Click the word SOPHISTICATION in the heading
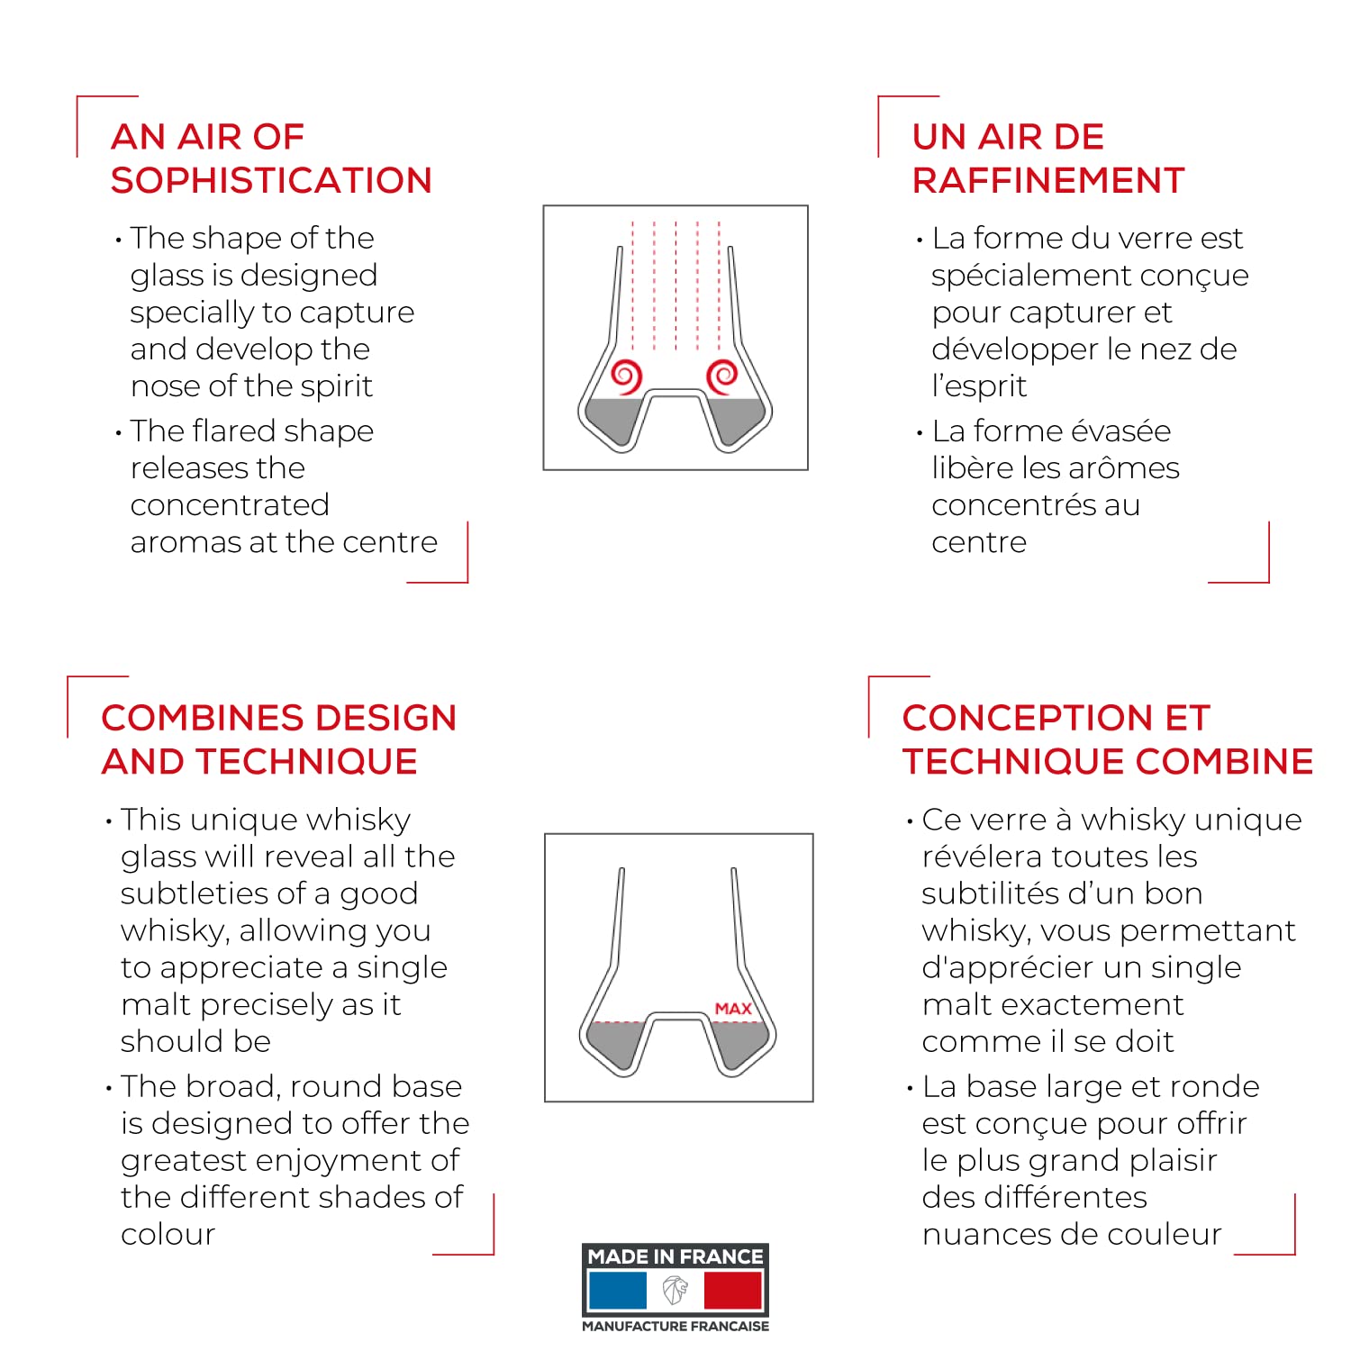pos(271,181)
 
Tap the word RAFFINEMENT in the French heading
pos(1048,181)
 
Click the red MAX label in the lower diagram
pos(733,1009)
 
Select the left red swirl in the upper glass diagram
pos(626,376)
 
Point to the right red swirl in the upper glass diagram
pos(723,376)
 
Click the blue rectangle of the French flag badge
pos(617,1291)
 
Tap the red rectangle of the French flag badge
pos(733,1291)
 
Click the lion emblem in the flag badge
pos(675,1291)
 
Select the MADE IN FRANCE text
pos(675,1256)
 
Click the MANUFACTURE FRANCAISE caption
pos(675,1326)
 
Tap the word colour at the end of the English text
pos(168,1234)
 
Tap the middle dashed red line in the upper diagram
pos(675,286)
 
